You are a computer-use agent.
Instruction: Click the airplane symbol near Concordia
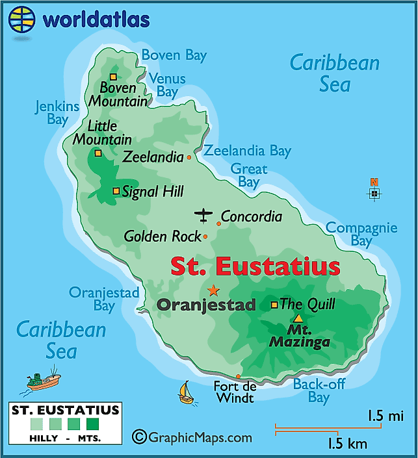pyautogui.click(x=203, y=214)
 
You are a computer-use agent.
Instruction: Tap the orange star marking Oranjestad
pyautogui.click(x=213, y=290)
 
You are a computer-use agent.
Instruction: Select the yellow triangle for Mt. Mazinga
pyautogui.click(x=298, y=318)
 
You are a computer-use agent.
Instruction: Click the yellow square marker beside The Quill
pyautogui.click(x=274, y=304)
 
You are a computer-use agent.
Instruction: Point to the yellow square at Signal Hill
pyautogui.click(x=116, y=191)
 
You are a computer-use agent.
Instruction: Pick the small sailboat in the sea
pyautogui.click(x=185, y=392)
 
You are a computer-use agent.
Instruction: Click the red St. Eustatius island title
pyautogui.click(x=255, y=266)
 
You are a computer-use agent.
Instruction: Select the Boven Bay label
pyautogui.click(x=174, y=55)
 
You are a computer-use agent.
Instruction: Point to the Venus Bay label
pyautogui.click(x=167, y=85)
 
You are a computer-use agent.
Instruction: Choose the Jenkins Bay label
pyautogui.click(x=57, y=112)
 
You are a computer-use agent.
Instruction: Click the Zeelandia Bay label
pyautogui.click(x=247, y=151)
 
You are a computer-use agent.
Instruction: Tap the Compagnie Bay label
pyautogui.click(x=361, y=234)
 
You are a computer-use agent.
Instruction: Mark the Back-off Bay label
pyautogui.click(x=319, y=390)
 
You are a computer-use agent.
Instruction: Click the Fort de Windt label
pyautogui.click(x=235, y=392)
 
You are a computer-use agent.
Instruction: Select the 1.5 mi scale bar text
pyautogui.click(x=385, y=416)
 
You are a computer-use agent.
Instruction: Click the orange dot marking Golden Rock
pyautogui.click(x=205, y=237)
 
